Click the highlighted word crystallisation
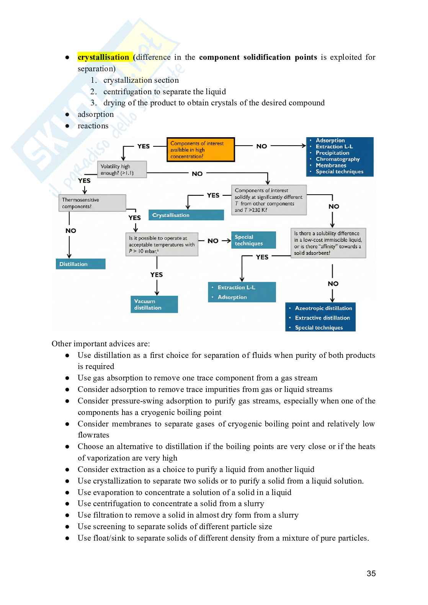[x=103, y=57]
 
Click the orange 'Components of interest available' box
[x=201, y=150]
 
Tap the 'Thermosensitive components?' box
[x=92, y=203]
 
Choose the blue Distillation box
[x=80, y=264]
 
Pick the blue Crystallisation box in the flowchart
[x=186, y=215]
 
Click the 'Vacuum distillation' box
[x=154, y=304]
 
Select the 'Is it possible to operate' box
[x=162, y=244]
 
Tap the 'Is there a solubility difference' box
[x=328, y=243]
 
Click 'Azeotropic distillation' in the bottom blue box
[x=323, y=308]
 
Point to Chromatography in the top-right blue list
[x=337, y=159]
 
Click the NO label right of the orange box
[x=261, y=146]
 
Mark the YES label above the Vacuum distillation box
[x=157, y=275]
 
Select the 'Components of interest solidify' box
[x=269, y=200]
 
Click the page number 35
[x=371, y=574]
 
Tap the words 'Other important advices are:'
[x=101, y=344]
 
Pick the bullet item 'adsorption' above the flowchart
[x=96, y=114]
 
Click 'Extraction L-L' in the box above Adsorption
[x=236, y=287]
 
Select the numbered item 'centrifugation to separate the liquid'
[x=164, y=92]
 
